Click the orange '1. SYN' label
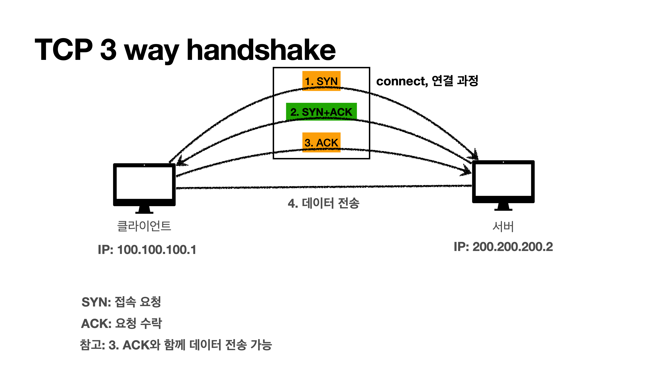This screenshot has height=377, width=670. pos(321,81)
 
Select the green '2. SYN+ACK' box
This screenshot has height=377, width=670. pos(321,112)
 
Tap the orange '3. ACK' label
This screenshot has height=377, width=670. pos(321,142)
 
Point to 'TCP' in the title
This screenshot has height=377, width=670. pos(64,49)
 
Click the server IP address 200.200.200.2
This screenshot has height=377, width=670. pos(503,247)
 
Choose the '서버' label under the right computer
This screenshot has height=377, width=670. pos(503,227)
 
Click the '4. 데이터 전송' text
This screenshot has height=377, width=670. pos(323,203)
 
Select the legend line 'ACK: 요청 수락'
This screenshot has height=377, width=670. pos(121,323)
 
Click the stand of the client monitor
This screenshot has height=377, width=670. pos(144,210)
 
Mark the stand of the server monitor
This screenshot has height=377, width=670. pos(503,207)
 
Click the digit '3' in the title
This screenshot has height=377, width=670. pos(108,49)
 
